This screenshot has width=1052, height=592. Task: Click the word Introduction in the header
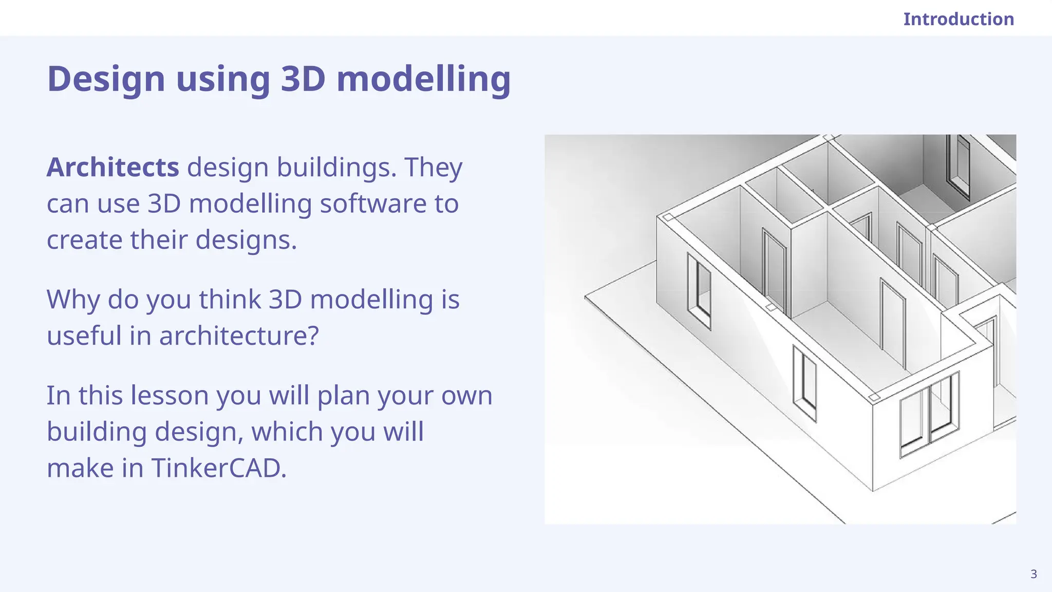pyautogui.click(x=959, y=19)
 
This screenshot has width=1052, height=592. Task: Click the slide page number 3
pyautogui.click(x=1034, y=574)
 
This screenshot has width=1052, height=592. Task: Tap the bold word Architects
pyautogui.click(x=112, y=168)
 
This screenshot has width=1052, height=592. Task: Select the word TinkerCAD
pyautogui.click(x=218, y=468)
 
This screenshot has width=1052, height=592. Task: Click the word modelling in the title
pyautogui.click(x=423, y=79)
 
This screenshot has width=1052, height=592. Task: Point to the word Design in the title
pyautogui.click(x=106, y=79)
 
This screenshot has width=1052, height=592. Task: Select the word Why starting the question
pyautogui.click(x=73, y=300)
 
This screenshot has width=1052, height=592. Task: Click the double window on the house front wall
pyautogui.click(x=929, y=415)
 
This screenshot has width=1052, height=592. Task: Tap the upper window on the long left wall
pyautogui.click(x=699, y=291)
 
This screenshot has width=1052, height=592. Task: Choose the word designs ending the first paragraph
pyautogui.click(x=246, y=240)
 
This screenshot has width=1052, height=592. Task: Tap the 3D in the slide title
pyautogui.click(x=303, y=79)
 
